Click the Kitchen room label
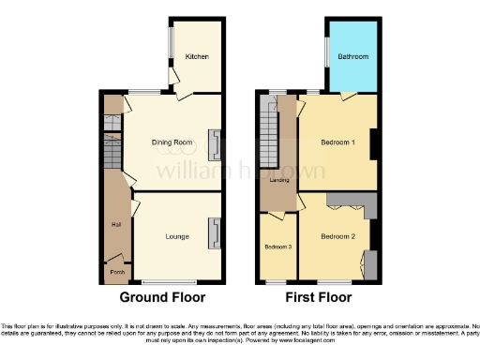(x=196, y=57)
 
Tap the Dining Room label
(x=172, y=142)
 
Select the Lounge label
(x=177, y=236)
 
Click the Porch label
(x=117, y=272)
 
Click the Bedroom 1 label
(x=338, y=142)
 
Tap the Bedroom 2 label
(x=337, y=236)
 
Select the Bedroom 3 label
(x=277, y=247)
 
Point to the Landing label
(x=279, y=179)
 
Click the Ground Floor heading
(x=162, y=298)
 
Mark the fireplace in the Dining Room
(x=215, y=142)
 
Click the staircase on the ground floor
(x=112, y=150)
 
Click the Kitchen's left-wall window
(x=170, y=42)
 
